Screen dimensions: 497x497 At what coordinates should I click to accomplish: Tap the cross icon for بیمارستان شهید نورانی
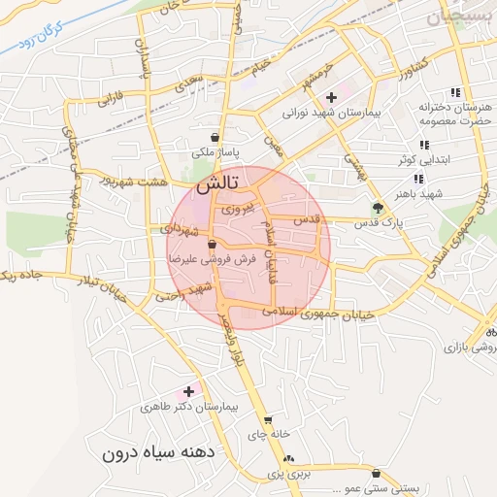tap(332, 97)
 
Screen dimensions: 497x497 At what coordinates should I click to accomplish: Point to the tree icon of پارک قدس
tap(378, 207)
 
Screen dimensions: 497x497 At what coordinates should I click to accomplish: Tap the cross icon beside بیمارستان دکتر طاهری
tap(187, 390)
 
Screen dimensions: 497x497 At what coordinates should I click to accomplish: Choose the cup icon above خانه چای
tap(268, 421)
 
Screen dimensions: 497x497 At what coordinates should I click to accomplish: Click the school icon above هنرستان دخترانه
tap(455, 92)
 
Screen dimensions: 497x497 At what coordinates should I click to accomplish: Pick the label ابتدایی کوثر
tap(419, 158)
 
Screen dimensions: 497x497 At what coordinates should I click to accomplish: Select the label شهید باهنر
tap(425, 193)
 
